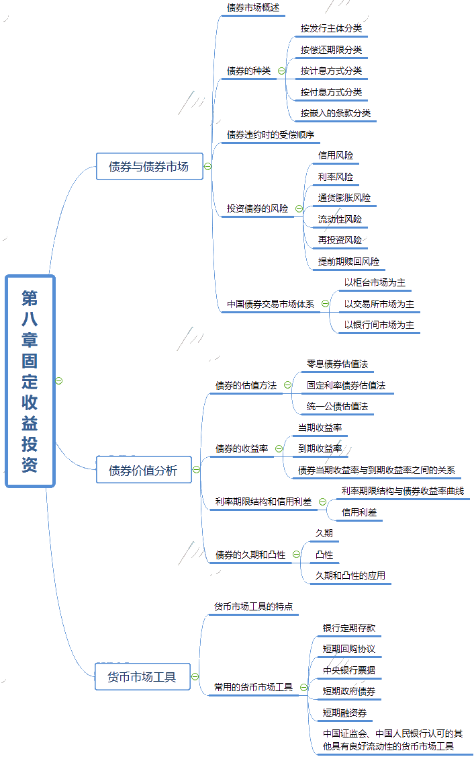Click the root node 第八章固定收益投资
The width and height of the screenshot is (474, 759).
click(30, 381)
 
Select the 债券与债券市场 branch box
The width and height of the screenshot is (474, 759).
click(148, 167)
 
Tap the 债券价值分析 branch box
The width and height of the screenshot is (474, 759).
click(143, 470)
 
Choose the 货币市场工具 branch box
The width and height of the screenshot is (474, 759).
click(142, 677)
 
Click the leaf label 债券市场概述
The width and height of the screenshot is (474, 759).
click(252, 8)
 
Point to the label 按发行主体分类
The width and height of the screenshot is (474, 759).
click(331, 29)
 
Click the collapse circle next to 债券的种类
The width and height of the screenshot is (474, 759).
click(281, 71)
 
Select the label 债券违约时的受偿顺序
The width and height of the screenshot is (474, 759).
click(270, 134)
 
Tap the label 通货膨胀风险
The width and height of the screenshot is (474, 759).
click(344, 198)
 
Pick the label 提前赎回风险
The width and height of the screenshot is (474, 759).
click(348, 261)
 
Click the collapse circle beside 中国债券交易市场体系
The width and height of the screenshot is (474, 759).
click(325, 304)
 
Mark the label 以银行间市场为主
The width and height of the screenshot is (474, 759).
click(379, 325)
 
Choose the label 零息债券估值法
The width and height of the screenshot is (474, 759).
click(337, 364)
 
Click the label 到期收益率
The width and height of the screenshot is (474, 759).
click(320, 448)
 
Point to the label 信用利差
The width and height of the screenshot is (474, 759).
click(359, 512)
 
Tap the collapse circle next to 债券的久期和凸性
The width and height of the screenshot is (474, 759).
click(296, 555)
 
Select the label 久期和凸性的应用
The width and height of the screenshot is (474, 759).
click(350, 575)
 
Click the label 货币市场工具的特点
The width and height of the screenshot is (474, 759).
click(252, 606)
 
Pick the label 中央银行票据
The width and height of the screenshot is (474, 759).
click(348, 670)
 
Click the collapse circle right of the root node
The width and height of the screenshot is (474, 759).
click(59, 381)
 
